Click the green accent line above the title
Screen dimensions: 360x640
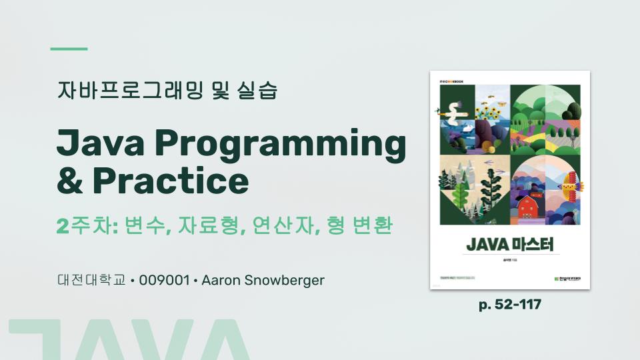pos(69,49)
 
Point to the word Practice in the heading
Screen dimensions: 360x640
pos(171,181)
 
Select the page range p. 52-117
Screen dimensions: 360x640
pos(510,305)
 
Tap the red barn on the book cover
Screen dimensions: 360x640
pos(529,207)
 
